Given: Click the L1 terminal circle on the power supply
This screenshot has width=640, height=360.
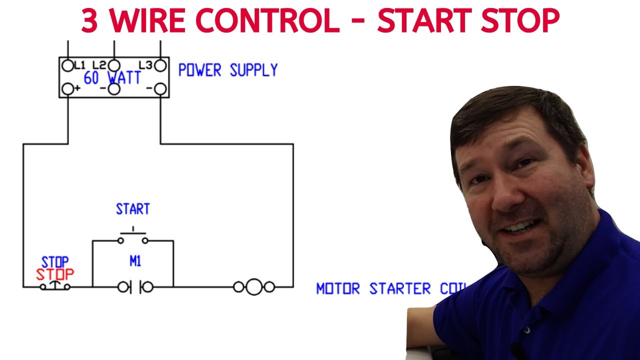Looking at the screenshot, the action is click(67, 65).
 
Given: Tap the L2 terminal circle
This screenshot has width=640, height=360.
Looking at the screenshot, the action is click(114, 65).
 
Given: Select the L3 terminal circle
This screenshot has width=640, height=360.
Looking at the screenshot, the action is click(160, 65).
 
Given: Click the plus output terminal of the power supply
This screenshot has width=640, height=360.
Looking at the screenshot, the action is click(67, 89).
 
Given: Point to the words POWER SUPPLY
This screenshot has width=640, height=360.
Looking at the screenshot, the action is click(228, 70).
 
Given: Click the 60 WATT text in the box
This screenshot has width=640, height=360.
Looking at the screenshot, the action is click(112, 78).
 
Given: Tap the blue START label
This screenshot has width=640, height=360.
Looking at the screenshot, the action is click(133, 209).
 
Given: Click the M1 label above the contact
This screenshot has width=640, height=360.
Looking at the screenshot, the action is click(135, 261).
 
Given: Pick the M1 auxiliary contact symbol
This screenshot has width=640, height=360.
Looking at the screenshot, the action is click(135, 287).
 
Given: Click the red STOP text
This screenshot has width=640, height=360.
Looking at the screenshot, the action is click(54, 274).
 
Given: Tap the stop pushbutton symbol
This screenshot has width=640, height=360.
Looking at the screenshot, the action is click(55, 286).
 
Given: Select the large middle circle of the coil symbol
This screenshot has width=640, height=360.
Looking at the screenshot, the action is click(254, 287).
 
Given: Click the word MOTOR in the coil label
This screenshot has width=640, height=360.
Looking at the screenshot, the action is click(338, 289).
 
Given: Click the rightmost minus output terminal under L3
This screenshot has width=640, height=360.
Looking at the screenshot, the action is click(160, 89).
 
